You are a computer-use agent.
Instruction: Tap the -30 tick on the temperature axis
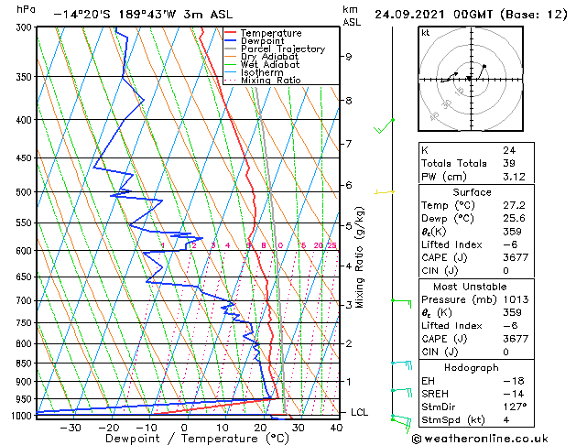coord(71,427)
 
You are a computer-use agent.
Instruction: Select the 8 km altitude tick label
coord(349,100)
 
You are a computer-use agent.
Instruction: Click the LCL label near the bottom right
coord(360,413)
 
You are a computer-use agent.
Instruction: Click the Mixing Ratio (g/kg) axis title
coord(361,257)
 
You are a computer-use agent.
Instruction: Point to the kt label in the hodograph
coord(426,33)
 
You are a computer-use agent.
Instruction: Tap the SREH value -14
coord(512,393)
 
